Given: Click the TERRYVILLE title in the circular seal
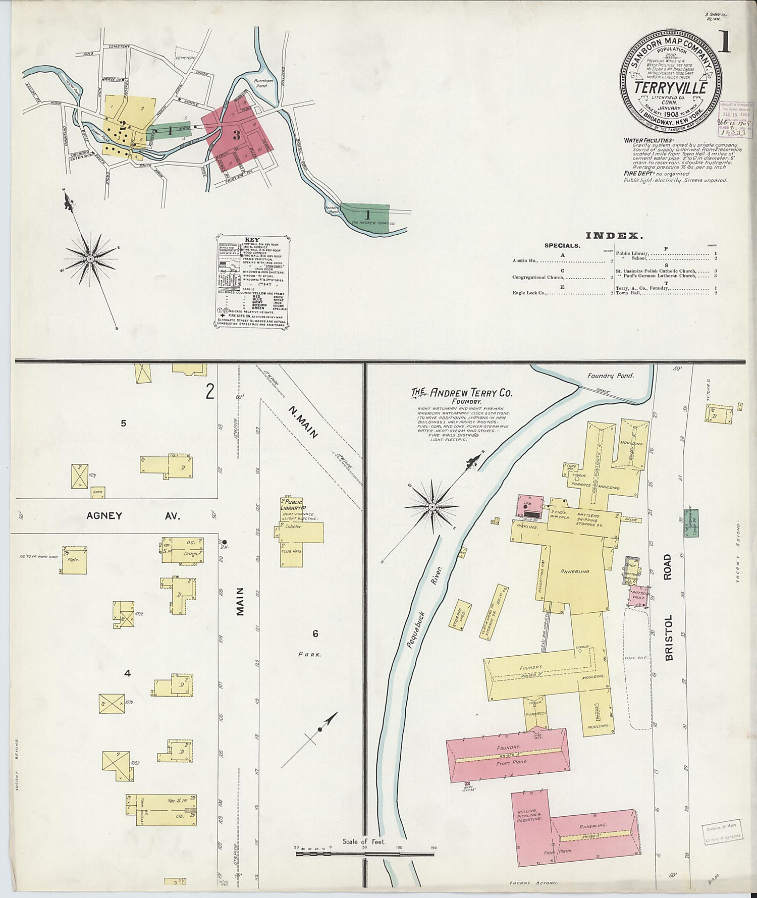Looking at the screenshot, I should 671,87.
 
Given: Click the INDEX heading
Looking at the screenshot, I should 614,235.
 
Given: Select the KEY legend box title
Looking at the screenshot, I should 252,240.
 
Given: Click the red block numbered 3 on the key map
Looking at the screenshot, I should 236,135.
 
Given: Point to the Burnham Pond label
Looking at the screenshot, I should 263,83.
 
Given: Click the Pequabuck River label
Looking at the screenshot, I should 423,606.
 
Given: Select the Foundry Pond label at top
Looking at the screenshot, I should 610,376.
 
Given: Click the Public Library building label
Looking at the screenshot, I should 293,505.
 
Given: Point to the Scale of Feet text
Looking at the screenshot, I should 363,841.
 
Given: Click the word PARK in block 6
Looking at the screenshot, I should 310,654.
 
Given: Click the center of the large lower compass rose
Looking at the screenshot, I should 432,506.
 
